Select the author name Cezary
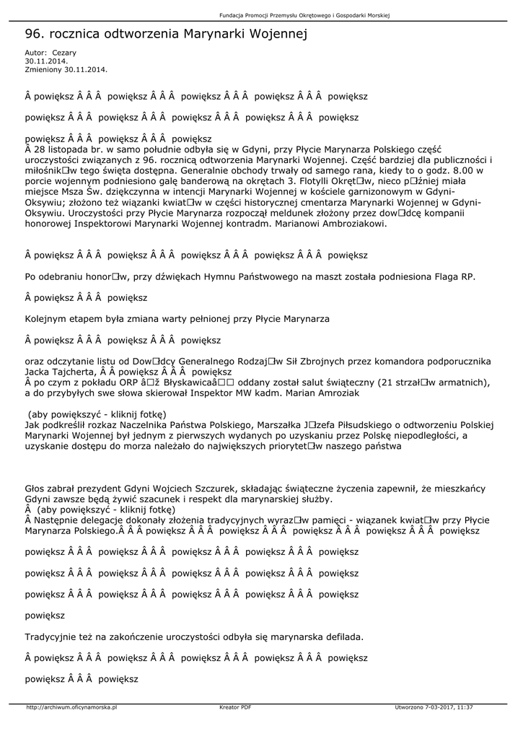64,53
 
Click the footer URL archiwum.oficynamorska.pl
71,707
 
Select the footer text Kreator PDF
235,707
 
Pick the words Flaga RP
456,277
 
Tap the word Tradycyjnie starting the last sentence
50,637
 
